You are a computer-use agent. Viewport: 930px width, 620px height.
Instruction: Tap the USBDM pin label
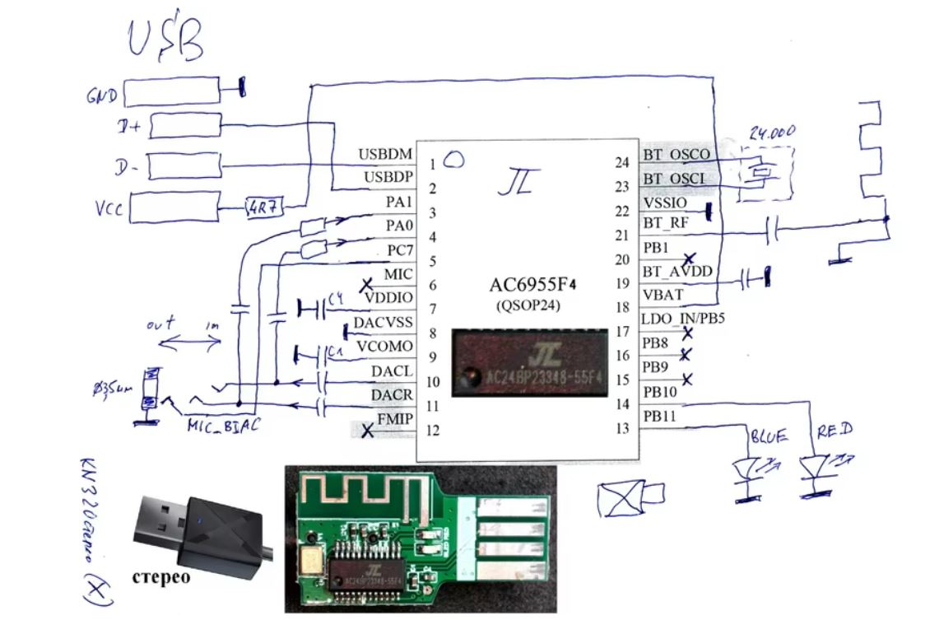click(385, 154)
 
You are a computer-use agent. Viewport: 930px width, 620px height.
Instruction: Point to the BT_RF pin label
click(666, 221)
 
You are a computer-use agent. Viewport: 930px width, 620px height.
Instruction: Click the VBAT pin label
click(663, 294)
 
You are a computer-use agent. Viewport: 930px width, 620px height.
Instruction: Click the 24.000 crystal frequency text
click(772, 134)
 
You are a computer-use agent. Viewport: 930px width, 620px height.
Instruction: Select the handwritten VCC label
click(109, 209)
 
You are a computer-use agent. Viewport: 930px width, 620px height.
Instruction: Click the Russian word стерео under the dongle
click(160, 576)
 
